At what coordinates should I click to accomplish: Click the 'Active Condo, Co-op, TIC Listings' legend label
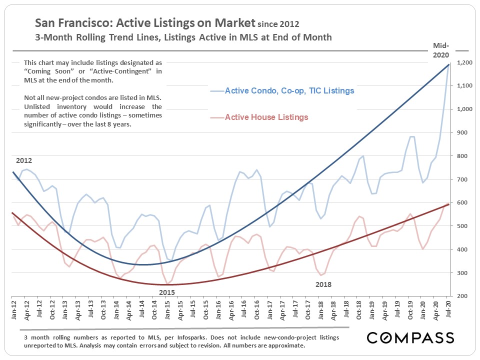click(x=289, y=91)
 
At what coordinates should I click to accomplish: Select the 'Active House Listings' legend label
click(x=266, y=117)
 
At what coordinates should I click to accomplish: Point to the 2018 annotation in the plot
click(x=323, y=284)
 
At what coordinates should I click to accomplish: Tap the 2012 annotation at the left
click(x=23, y=161)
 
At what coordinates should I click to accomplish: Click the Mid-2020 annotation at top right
click(x=441, y=50)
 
